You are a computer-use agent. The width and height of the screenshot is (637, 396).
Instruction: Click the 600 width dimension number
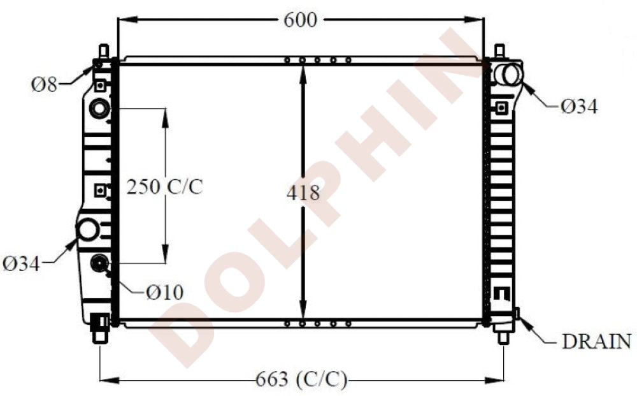pyautogui.click(x=300, y=20)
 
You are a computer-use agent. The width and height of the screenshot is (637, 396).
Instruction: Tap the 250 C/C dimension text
pyautogui.click(x=164, y=187)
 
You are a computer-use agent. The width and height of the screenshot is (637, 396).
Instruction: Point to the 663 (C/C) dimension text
pyautogui.click(x=302, y=380)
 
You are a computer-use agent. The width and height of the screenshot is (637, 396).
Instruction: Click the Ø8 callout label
pyautogui.click(x=45, y=84)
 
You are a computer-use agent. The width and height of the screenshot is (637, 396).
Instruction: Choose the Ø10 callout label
pyautogui.click(x=164, y=292)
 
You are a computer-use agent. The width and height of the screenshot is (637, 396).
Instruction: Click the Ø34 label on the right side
pyautogui.click(x=579, y=106)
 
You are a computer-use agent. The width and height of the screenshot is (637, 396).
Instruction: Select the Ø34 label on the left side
pyautogui.click(x=21, y=263)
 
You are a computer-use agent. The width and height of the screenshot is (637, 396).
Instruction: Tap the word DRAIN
pyautogui.click(x=597, y=342)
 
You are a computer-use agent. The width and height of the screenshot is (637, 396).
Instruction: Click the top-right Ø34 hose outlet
pyautogui.click(x=510, y=74)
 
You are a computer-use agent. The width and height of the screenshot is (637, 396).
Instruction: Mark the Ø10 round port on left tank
pyautogui.click(x=100, y=262)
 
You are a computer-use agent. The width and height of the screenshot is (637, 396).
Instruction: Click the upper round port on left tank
pyautogui.click(x=99, y=108)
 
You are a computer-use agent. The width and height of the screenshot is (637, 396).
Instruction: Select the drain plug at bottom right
pyautogui.click(x=517, y=314)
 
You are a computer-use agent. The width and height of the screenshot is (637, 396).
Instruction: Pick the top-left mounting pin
pyautogui.click(x=103, y=50)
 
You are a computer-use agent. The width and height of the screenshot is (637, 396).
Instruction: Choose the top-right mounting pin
pyautogui.click(x=500, y=50)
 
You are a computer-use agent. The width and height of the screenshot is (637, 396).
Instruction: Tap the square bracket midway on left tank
pyautogui.click(x=100, y=190)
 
